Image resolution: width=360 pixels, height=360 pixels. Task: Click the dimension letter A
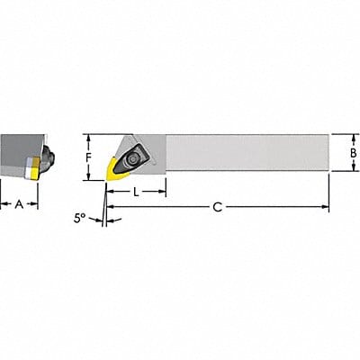(20, 204)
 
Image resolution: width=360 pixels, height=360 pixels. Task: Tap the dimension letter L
(136, 193)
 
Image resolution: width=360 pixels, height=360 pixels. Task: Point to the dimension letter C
(217, 207)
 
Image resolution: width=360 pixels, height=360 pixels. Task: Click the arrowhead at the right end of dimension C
(325, 207)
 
